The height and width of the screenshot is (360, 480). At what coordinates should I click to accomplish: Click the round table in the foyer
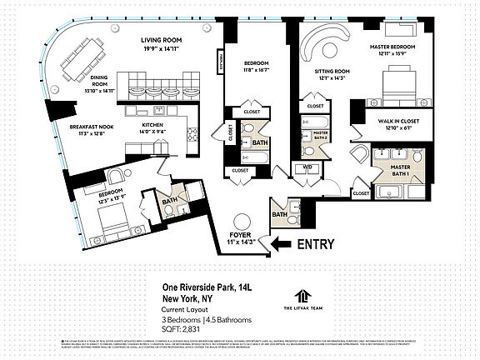click(x=242, y=223)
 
